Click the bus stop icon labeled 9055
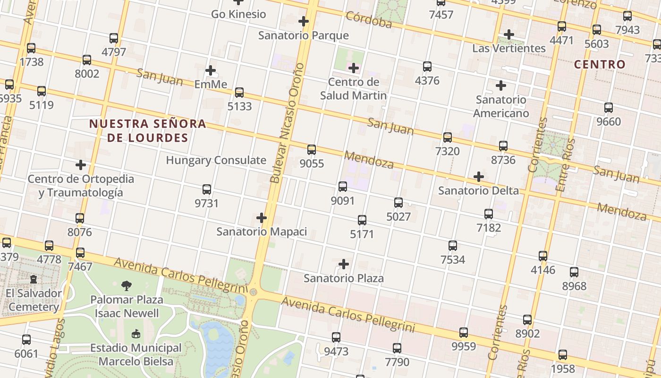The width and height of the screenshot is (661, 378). click(311, 150)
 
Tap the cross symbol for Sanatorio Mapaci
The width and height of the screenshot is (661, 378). click(262, 218)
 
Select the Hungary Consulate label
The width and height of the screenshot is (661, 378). click(216, 160)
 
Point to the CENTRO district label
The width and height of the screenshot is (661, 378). click(600, 64)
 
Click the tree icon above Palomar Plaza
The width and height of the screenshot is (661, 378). click(127, 285)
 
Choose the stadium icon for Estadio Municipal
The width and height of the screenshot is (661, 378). click(136, 334)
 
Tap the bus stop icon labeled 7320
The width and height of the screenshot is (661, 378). click(447, 137)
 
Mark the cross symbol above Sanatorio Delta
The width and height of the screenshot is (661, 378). click(479, 177)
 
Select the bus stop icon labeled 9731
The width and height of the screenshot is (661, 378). click(207, 189)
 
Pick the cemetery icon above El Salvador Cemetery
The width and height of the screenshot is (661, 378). click(34, 279)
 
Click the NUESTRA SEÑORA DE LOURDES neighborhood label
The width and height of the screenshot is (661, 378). click(147, 131)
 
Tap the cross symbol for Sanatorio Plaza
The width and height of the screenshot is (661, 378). click(344, 264)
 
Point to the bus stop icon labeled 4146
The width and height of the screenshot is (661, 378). click(543, 256)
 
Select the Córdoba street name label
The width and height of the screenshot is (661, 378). click(369, 20)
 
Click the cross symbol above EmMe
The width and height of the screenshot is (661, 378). click(211, 71)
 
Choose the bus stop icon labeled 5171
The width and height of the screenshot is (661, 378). click(362, 220)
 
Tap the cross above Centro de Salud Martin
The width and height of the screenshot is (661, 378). click(353, 68)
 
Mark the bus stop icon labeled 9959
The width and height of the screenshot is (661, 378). click(464, 333)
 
